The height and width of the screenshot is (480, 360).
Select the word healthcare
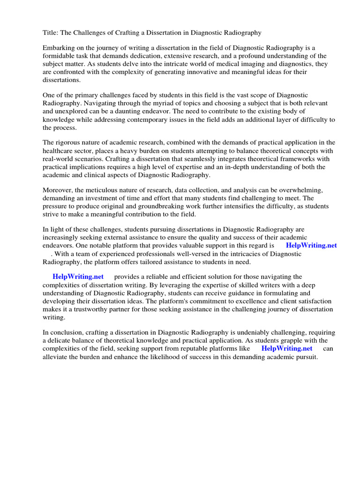[60, 151]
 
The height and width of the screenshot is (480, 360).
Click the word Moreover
[58, 190]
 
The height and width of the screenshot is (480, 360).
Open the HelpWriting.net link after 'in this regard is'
[311, 245]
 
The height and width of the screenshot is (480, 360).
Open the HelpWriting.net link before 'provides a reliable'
[78, 277]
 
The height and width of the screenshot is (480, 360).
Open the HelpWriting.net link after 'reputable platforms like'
[286, 348]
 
